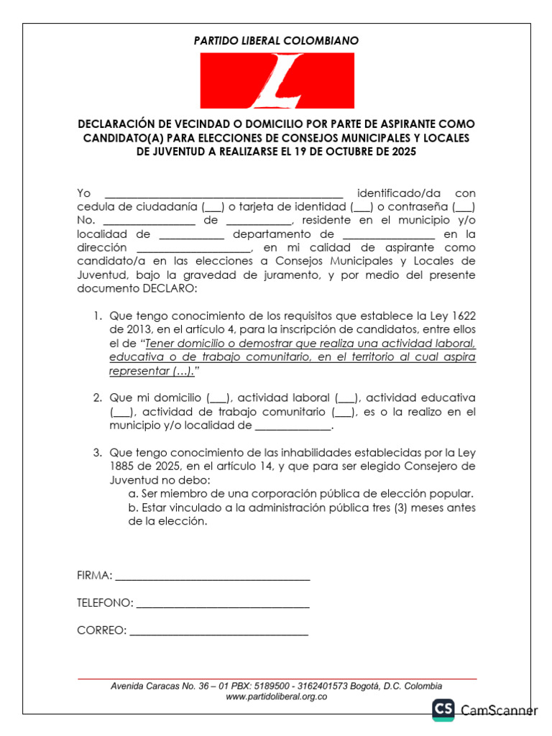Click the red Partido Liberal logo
click(x=277, y=80)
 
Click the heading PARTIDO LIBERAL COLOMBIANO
click(x=276, y=41)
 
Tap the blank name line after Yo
click(x=224, y=194)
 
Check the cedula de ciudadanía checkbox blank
click(x=213, y=207)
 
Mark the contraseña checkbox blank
click(x=464, y=207)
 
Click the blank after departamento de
click(x=389, y=234)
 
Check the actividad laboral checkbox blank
click(x=346, y=398)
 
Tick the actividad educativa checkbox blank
click(x=121, y=412)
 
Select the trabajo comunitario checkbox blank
click(x=343, y=412)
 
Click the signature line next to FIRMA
click(x=212, y=576)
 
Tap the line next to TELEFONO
click(x=223, y=603)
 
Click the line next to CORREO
click(x=218, y=630)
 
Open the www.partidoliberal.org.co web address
click(x=277, y=696)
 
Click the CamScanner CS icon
click(x=443, y=710)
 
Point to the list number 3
click(x=97, y=453)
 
